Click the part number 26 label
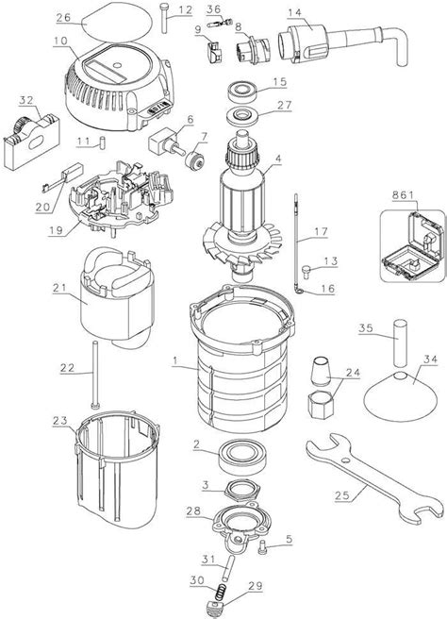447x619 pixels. [63, 18]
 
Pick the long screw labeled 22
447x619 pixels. [97, 372]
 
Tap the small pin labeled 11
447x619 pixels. [105, 143]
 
